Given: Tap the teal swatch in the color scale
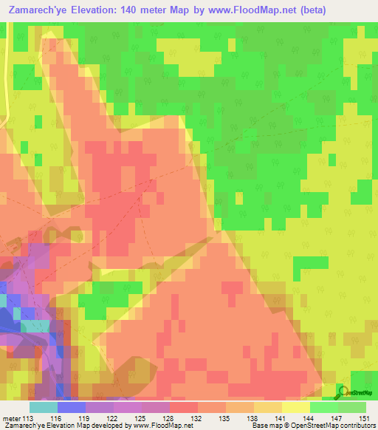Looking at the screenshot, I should pos(44,407).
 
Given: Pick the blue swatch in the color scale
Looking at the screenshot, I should pos(72,407).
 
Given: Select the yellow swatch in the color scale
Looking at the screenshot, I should pos(296,407).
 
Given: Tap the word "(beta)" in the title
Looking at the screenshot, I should pos(309,10).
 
